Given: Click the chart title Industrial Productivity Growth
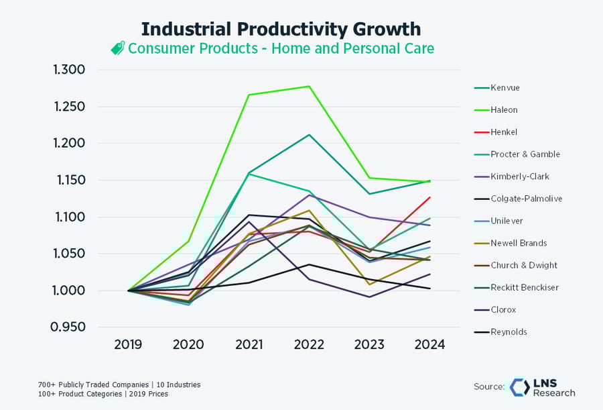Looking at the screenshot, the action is [x=281, y=30].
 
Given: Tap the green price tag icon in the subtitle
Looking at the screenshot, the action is [x=118, y=48].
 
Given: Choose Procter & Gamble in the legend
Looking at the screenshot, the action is [x=517, y=154].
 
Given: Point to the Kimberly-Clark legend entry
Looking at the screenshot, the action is [x=511, y=176].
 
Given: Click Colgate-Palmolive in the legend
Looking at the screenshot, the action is [x=518, y=199].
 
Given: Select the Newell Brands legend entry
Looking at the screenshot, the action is [x=511, y=243].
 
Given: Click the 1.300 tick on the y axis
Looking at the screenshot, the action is [x=69, y=70].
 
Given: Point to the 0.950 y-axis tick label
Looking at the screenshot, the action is [x=68, y=327].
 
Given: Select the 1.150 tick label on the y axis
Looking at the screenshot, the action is [x=71, y=180].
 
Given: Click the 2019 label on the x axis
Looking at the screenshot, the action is [x=128, y=344].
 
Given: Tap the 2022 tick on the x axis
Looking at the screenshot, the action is [x=309, y=344].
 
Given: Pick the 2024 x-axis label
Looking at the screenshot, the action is [x=429, y=344].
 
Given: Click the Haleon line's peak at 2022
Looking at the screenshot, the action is [x=309, y=87].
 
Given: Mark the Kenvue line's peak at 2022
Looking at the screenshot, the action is [x=309, y=135].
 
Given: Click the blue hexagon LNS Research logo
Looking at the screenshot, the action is [x=520, y=387].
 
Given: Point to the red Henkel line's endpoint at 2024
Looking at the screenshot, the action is [x=430, y=197].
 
